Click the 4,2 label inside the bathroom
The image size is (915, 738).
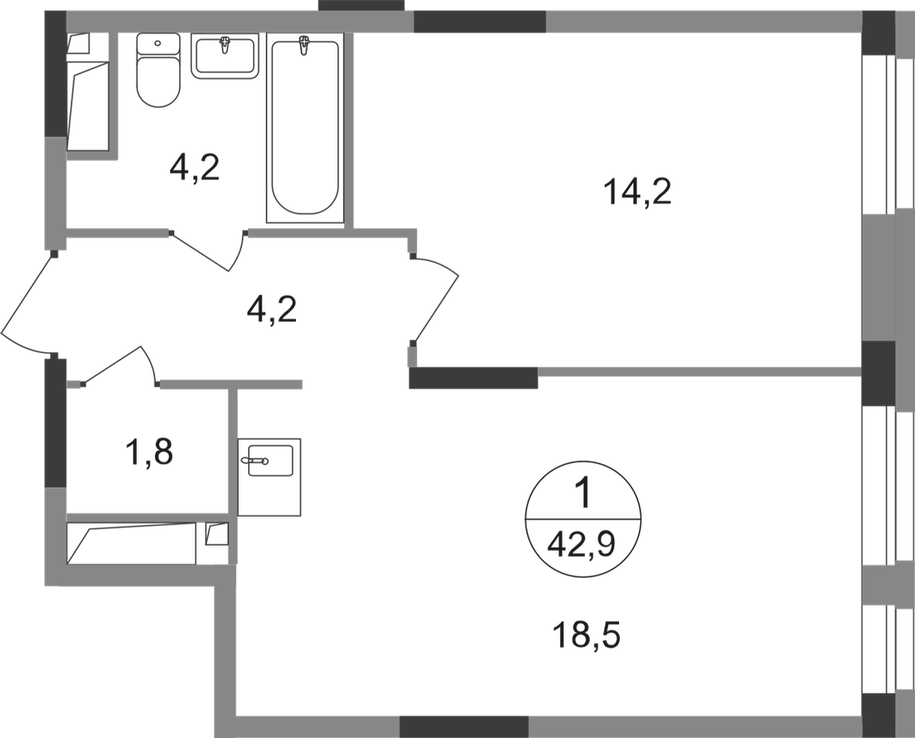tap(194, 169)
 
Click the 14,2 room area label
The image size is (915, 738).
tap(639, 193)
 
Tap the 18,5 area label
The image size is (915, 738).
tap(585, 635)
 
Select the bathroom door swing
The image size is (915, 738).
tap(208, 250)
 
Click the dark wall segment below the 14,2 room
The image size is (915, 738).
tap(473, 378)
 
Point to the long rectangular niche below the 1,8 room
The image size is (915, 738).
tap(131, 543)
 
